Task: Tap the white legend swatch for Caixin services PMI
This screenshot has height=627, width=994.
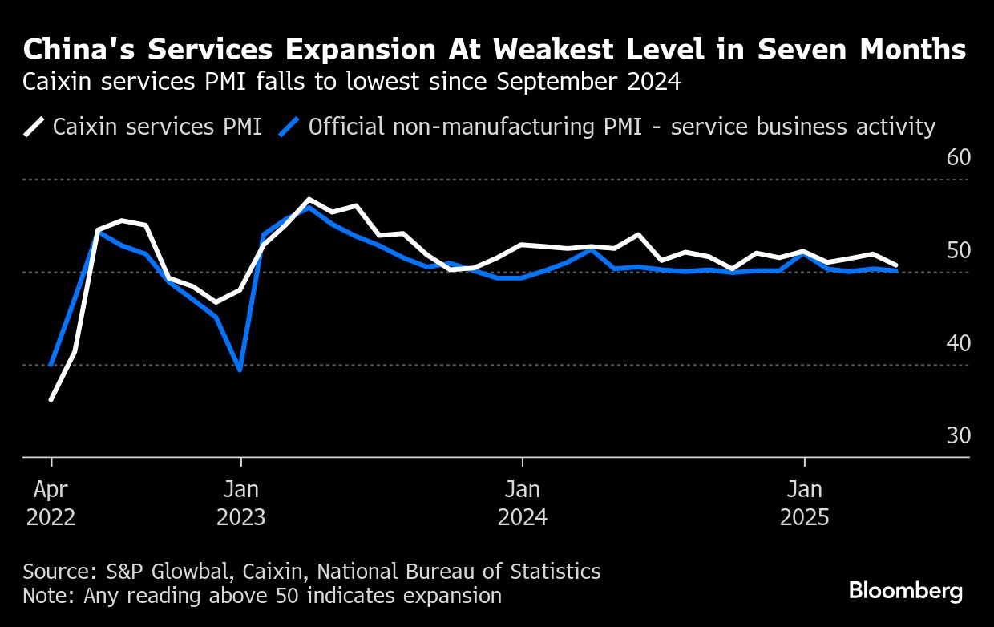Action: [x=34, y=127]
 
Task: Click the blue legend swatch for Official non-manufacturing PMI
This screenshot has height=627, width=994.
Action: [x=289, y=127]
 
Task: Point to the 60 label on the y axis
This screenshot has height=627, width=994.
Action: [x=958, y=157]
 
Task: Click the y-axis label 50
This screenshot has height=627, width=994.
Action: [x=958, y=250]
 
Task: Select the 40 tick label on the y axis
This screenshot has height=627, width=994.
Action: [x=958, y=342]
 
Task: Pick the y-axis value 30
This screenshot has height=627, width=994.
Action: [x=958, y=435]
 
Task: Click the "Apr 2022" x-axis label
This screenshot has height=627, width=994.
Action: [x=51, y=503]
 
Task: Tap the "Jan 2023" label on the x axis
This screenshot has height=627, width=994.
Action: [x=240, y=503]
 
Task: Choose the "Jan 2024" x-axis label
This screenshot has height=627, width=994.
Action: [x=523, y=503]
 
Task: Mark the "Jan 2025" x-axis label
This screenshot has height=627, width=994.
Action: [x=804, y=503]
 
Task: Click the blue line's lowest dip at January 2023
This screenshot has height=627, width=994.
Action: [x=240, y=370]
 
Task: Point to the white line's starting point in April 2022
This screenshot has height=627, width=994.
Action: [x=51, y=399]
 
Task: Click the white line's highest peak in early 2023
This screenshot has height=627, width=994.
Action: [x=309, y=200]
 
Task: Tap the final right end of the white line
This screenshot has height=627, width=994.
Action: [x=896, y=265]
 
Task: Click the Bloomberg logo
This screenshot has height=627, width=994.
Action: [x=905, y=592]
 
